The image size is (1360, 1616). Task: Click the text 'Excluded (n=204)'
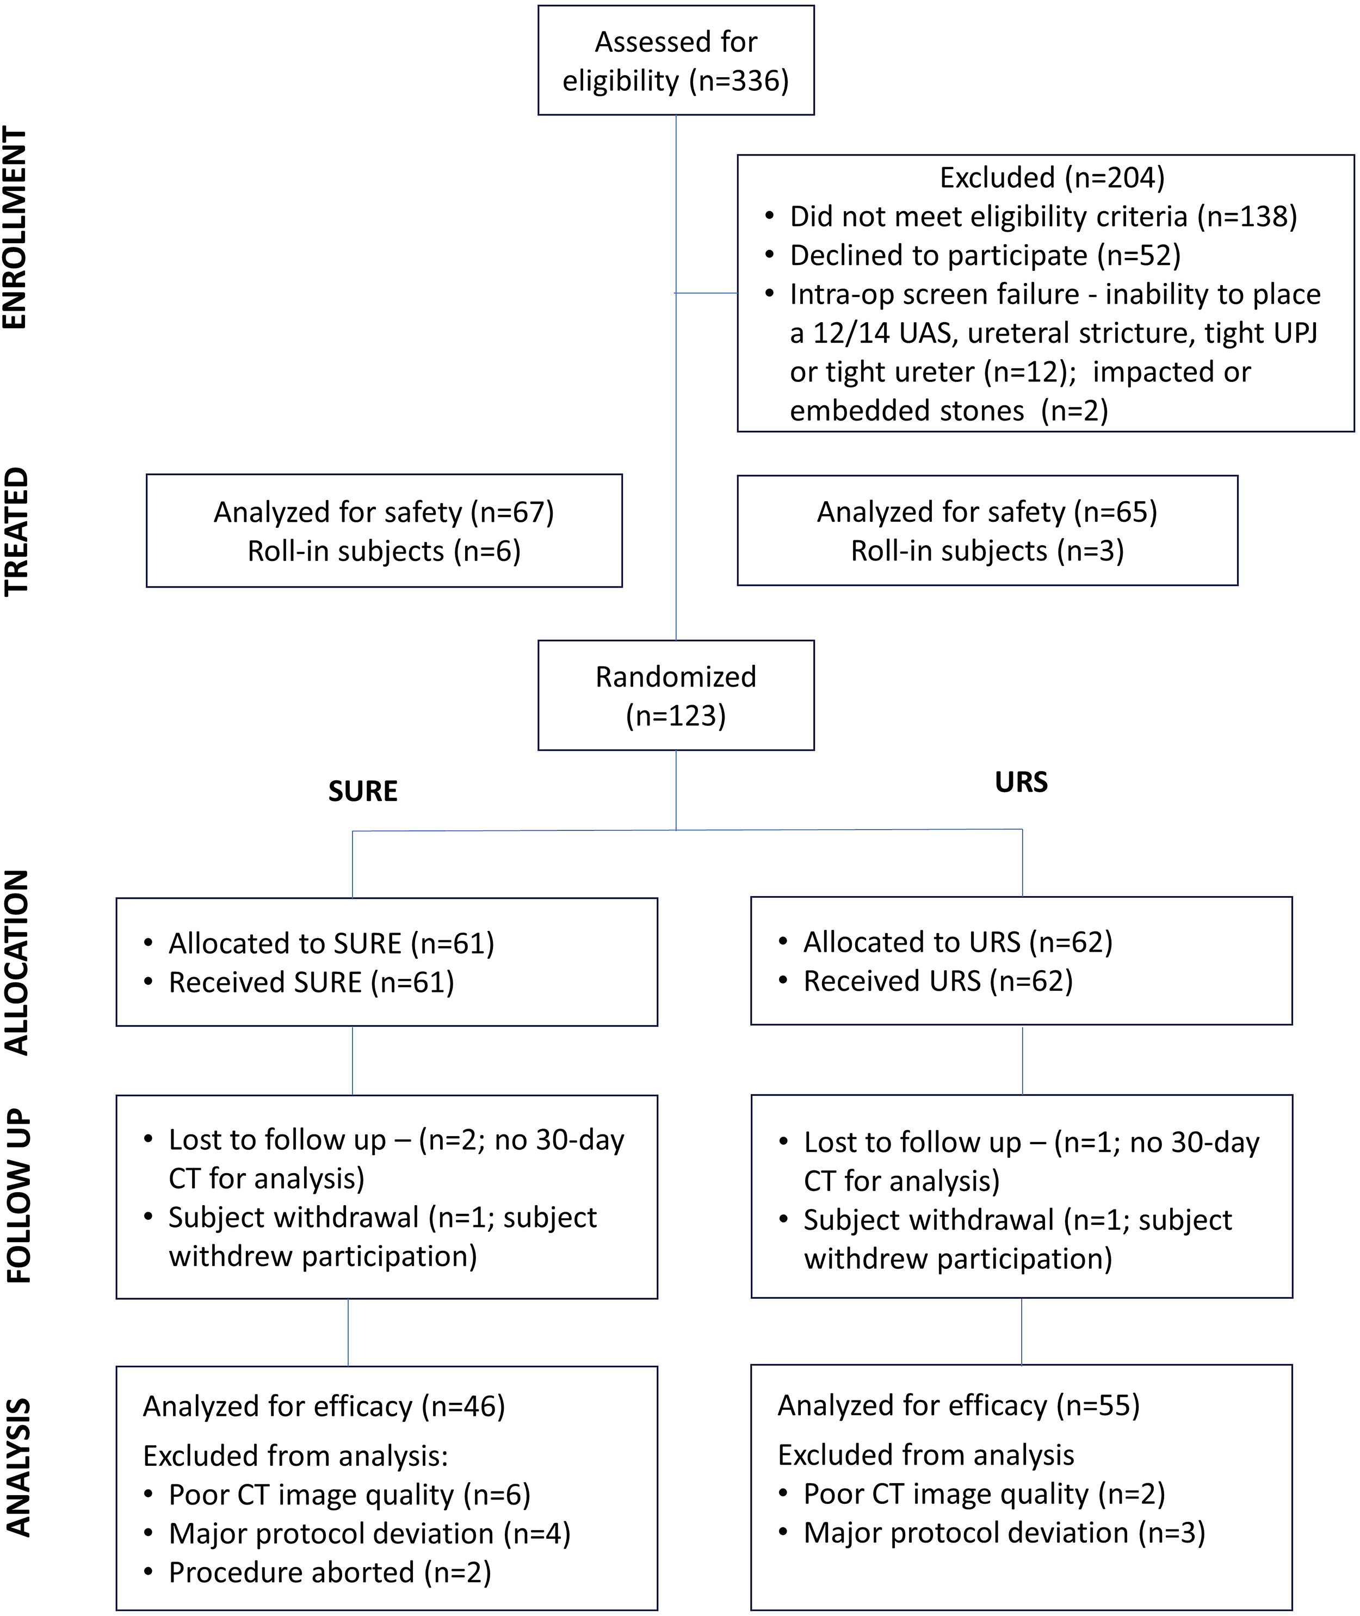[x=1052, y=178]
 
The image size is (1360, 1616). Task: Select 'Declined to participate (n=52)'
[x=985, y=256]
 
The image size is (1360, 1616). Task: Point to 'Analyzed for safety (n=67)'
[x=384, y=513]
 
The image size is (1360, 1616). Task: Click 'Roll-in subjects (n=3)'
[x=987, y=551]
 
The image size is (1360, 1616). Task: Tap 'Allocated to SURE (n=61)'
[x=331, y=943]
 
